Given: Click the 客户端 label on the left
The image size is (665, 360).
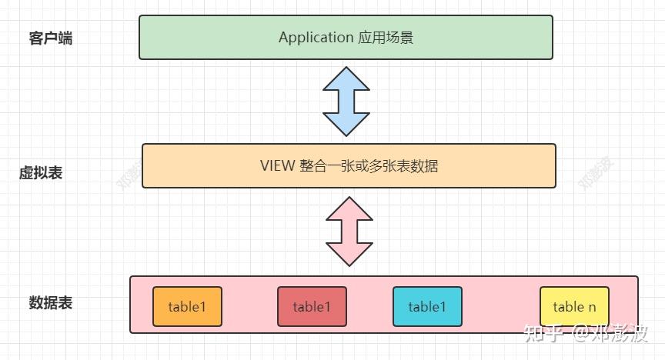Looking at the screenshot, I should pyautogui.click(x=51, y=38).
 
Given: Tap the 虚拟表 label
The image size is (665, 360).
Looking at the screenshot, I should pyautogui.click(x=41, y=173).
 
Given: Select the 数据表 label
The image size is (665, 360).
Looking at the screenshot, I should pyautogui.click(x=51, y=303).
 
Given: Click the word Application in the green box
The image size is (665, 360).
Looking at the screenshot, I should pyautogui.click(x=316, y=38).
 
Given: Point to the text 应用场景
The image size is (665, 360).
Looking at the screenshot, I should pyautogui.click(x=386, y=38).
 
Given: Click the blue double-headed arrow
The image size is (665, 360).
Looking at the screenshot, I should pyautogui.click(x=347, y=101).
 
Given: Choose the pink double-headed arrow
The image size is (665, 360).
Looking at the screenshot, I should pyautogui.click(x=349, y=231).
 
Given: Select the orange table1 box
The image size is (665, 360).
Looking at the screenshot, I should pyautogui.click(x=187, y=307).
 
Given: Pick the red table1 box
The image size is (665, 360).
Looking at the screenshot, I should pyautogui.click(x=312, y=307).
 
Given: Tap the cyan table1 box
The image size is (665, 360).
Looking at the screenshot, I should pyautogui.click(x=427, y=307).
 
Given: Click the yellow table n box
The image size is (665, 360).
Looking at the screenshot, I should pyautogui.click(x=574, y=307).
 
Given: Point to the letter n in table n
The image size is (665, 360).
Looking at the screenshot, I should pyautogui.click(x=592, y=307).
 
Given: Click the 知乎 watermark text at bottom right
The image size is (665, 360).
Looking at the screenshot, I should pyautogui.click(x=540, y=333).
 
